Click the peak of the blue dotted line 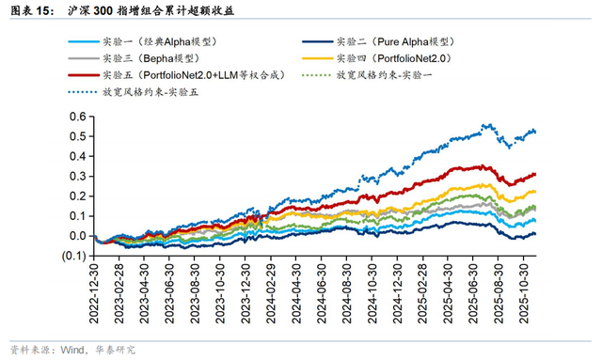click(x=483, y=124)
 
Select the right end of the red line click(x=536, y=174)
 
